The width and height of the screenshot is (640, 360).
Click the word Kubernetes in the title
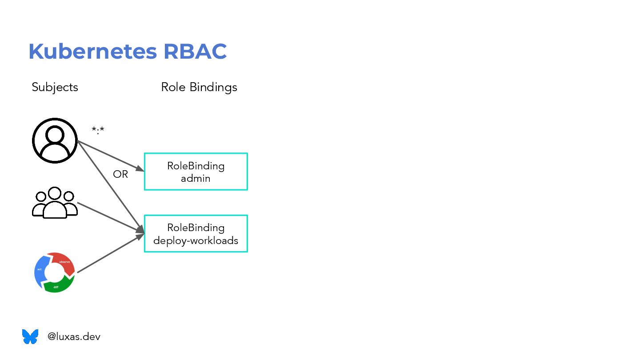pyautogui.click(x=92, y=52)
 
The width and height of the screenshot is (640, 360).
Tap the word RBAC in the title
pyautogui.click(x=195, y=52)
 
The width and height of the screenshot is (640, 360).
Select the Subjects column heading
pyautogui.click(x=55, y=87)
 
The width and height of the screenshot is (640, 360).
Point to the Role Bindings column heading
pyautogui.click(x=199, y=87)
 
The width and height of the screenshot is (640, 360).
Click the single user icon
pyautogui.click(x=55, y=140)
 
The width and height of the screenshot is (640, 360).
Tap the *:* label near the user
pyautogui.click(x=98, y=130)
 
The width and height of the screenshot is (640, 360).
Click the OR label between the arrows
pyautogui.click(x=120, y=175)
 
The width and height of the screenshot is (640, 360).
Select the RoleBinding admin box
pyautogui.click(x=196, y=172)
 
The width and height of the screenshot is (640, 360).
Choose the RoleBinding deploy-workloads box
pyautogui.click(x=196, y=234)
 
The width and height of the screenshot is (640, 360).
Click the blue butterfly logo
pyautogui.click(x=30, y=336)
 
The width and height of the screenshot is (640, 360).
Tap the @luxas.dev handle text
pyautogui.click(x=74, y=337)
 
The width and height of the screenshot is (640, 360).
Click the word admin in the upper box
pyautogui.click(x=196, y=178)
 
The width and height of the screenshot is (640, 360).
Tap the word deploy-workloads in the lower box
pyautogui.click(x=196, y=240)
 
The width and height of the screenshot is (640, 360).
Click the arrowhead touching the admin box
pyautogui.click(x=140, y=169)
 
